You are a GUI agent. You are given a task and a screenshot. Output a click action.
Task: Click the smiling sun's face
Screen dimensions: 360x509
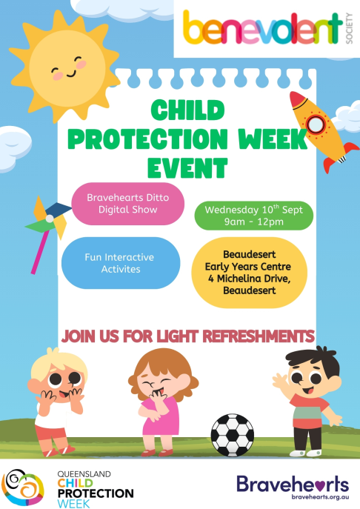pyautogui.click(x=67, y=68)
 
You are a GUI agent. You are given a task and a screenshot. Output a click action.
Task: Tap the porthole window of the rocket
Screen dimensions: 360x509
pyautogui.click(x=316, y=124)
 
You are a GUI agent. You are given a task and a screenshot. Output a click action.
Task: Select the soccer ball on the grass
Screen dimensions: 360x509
pyautogui.click(x=233, y=435)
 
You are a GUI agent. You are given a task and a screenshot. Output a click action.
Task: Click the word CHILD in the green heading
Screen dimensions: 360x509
pyautogui.click(x=187, y=110)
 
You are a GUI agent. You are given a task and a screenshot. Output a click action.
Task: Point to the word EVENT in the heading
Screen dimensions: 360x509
pyautogui.click(x=187, y=168)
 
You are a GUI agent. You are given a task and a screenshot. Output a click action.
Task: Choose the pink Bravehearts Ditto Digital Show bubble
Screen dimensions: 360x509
pyautogui.click(x=128, y=204)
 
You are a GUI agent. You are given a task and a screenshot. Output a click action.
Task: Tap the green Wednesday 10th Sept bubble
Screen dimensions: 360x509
pyautogui.click(x=254, y=216)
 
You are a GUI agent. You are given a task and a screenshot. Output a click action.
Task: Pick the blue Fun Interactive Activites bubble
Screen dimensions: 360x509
pyautogui.click(x=121, y=263)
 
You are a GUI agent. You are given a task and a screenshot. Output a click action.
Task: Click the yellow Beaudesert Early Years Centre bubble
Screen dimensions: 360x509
pyautogui.click(x=250, y=273)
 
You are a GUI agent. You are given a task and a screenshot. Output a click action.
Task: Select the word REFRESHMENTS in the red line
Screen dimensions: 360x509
pyautogui.click(x=259, y=336)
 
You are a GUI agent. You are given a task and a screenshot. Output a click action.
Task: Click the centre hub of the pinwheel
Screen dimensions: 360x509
pyautogui.click(x=50, y=219)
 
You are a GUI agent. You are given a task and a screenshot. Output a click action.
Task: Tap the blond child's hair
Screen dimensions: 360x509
pyautogui.click(x=59, y=362)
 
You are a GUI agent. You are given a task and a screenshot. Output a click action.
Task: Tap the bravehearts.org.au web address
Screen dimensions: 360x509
pyautogui.click(x=320, y=496)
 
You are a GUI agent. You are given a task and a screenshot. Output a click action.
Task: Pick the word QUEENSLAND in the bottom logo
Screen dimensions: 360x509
pyautogui.click(x=84, y=474)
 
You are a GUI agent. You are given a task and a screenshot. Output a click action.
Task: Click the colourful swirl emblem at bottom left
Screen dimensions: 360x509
pyautogui.click(x=23, y=488)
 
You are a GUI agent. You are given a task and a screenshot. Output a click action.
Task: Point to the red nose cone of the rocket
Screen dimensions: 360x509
pyautogui.click(x=298, y=99)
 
